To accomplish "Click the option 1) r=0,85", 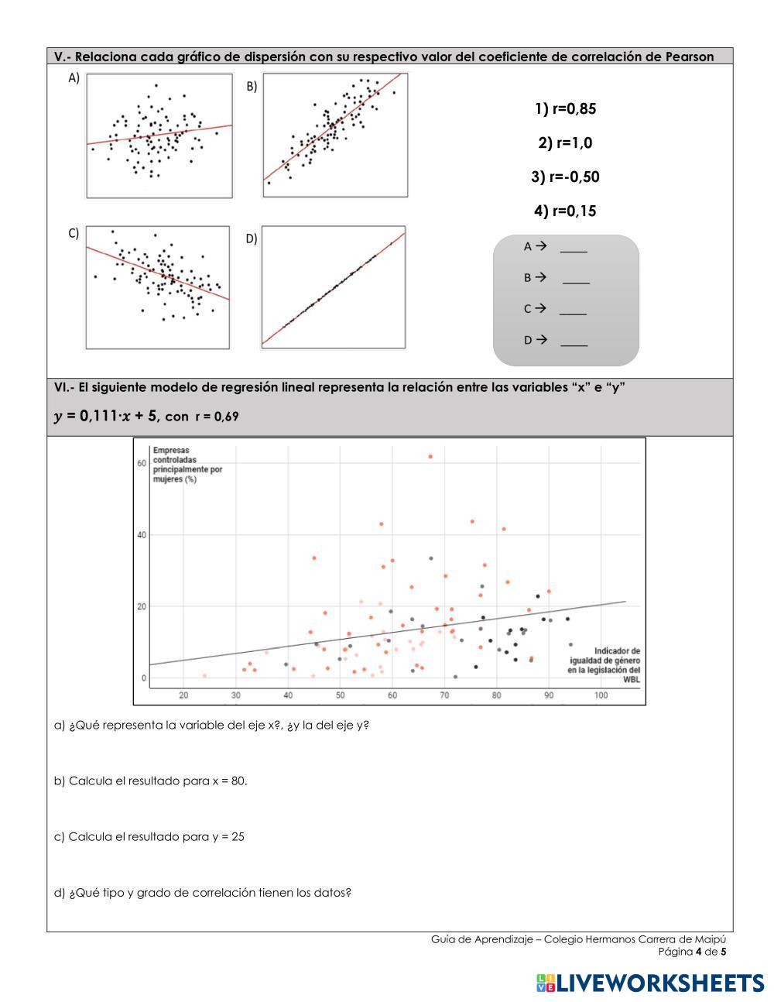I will tap(565, 109).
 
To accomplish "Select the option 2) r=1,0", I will tap(565, 143).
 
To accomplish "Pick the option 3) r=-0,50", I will tap(565, 177).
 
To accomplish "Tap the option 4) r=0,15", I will tap(565, 211).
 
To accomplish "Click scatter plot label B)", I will tap(252, 88).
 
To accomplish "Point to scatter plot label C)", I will tap(74, 233).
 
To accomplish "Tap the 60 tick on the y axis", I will tap(142, 463).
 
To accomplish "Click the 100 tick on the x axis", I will tap(601, 695).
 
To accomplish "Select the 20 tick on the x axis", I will tap(183, 695).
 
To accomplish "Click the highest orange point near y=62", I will tap(430, 457).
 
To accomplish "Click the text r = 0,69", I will tap(217, 417).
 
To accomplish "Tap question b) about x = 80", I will tap(151, 781).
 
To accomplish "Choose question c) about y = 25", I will tap(149, 836).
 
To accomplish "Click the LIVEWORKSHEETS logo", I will tap(649, 983).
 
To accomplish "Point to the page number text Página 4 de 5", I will tap(692, 952).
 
